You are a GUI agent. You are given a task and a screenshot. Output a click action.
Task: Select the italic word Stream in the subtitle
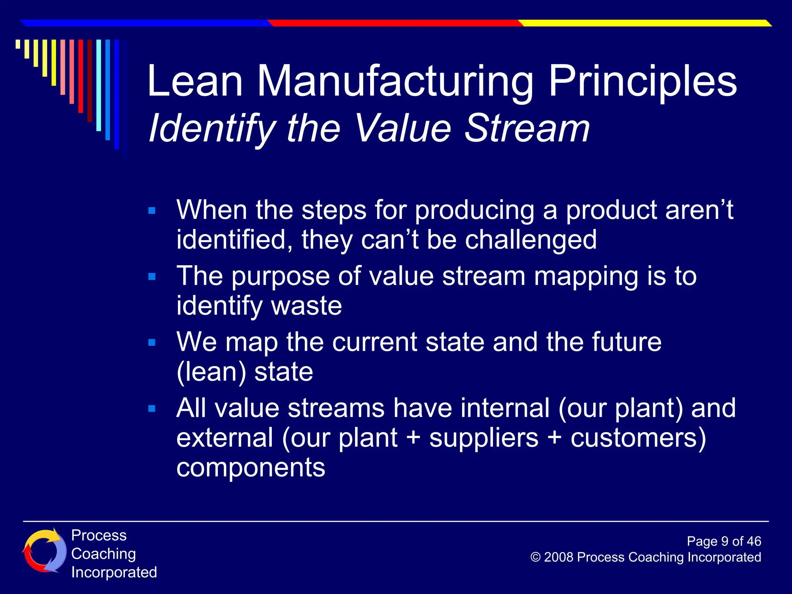point(527,128)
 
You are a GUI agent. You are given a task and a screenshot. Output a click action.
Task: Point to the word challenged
point(531,240)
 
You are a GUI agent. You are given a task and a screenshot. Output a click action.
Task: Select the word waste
point(306,306)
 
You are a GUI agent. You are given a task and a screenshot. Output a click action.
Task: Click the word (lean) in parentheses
point(211,372)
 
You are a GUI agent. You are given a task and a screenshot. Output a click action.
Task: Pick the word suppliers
point(483,439)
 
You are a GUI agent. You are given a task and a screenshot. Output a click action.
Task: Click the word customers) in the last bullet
point(638,439)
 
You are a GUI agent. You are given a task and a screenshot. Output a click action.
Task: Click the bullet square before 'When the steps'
point(152,211)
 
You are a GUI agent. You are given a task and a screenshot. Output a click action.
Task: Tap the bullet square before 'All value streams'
point(152,409)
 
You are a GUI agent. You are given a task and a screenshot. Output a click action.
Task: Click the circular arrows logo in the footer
point(43,551)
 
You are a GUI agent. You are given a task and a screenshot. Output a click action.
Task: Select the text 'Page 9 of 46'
point(724,541)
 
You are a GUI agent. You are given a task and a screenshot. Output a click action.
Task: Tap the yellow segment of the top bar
point(642,23)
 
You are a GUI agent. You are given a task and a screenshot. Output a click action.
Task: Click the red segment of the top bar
point(394,23)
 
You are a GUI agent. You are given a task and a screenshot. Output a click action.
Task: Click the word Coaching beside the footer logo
point(104,554)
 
